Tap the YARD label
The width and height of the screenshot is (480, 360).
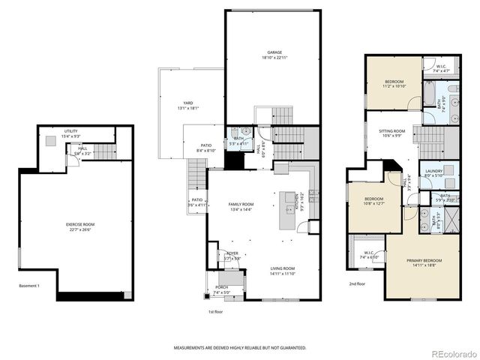click(189, 103)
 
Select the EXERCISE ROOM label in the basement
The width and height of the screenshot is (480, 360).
click(79, 225)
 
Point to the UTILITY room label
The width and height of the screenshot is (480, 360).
click(71, 131)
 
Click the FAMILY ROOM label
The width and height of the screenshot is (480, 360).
click(241, 205)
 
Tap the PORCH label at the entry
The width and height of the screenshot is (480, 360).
click(222, 287)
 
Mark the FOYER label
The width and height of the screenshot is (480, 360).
click(232, 253)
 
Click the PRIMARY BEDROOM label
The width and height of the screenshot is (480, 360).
click(424, 261)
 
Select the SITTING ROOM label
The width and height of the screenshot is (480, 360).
click(391, 131)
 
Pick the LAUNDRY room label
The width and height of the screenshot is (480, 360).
click(433, 172)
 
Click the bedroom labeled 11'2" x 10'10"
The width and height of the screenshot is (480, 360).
click(394, 82)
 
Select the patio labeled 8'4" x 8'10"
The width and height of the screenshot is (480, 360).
click(206, 146)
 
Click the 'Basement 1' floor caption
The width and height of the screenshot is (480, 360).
click(29, 286)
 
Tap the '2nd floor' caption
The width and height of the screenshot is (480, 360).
click(357, 284)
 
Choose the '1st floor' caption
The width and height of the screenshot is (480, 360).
click(215, 310)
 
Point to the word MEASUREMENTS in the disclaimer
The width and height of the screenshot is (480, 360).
click(193, 348)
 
